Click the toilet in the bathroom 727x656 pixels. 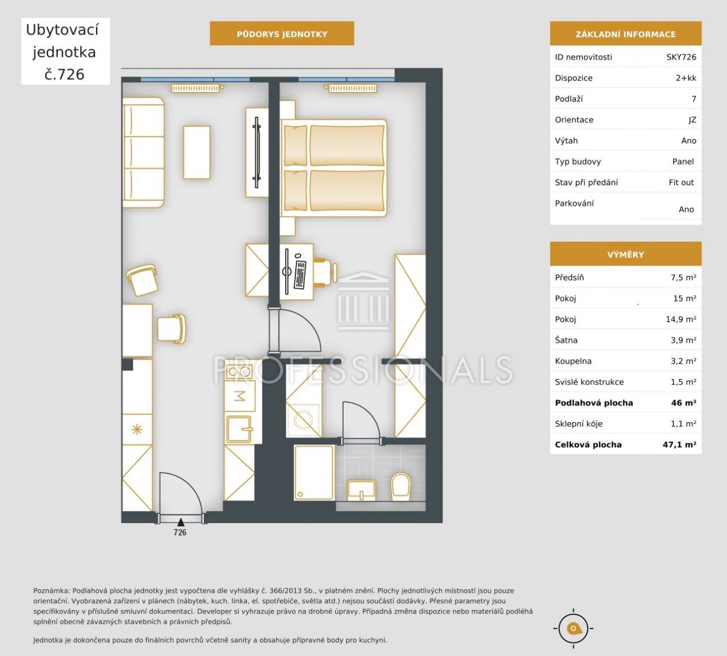tap(400, 487)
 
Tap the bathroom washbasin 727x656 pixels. tap(361, 490)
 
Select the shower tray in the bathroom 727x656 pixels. tap(314, 473)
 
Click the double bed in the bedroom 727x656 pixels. tap(334, 168)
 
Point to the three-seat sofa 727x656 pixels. tap(144, 153)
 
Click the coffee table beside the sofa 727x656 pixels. tap(197, 153)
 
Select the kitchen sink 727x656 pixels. tap(239, 429)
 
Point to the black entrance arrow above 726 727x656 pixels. tap(181, 522)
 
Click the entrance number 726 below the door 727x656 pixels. tap(179, 532)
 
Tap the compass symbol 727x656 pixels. tap(573, 628)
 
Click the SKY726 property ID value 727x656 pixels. tap(682, 57)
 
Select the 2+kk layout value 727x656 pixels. tap(686, 78)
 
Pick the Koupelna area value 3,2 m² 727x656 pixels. tap(683, 361)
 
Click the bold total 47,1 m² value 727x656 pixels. tap(679, 444)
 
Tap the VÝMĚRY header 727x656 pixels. tap(625, 255)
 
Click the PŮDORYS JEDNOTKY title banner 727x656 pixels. tap(282, 34)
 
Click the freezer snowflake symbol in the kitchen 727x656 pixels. tap(137, 430)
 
